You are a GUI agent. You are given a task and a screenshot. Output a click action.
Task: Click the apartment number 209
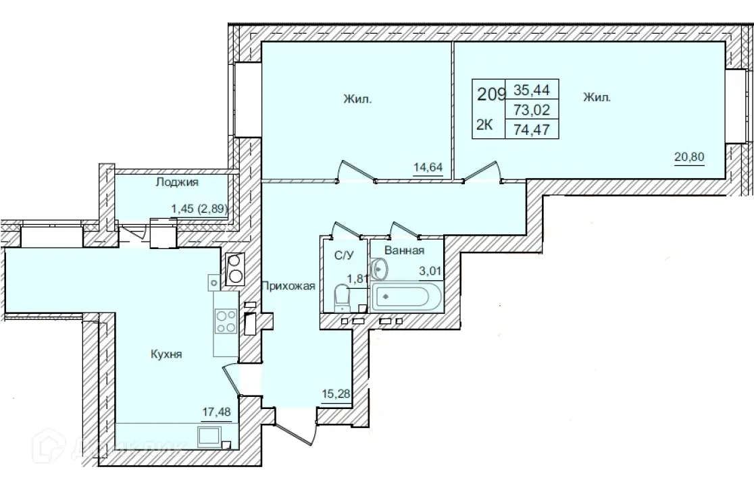(x=491, y=94)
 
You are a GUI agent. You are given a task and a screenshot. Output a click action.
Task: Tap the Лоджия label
(x=176, y=182)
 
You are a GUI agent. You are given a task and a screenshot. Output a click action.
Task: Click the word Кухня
(x=166, y=353)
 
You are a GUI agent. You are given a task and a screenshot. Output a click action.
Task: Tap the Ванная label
(x=404, y=250)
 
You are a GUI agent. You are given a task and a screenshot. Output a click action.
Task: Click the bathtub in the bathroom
(x=405, y=296)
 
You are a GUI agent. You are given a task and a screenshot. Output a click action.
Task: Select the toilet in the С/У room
(x=343, y=296)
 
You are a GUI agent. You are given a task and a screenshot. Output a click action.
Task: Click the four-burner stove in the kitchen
(x=225, y=321)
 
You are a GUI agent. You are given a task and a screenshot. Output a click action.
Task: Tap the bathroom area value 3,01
(x=428, y=271)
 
